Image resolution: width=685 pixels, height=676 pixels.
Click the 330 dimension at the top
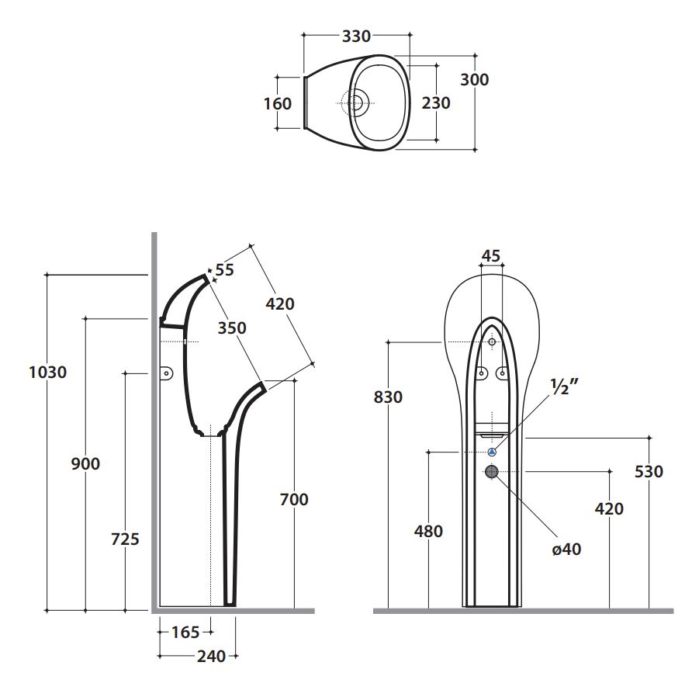[357, 36]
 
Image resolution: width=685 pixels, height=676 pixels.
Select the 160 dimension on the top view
[278, 103]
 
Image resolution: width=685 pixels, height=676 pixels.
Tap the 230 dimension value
[436, 102]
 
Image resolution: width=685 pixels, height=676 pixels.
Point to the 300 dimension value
[474, 79]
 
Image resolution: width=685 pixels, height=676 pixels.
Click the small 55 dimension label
[224, 269]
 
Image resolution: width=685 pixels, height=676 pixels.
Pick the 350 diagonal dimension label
[232, 328]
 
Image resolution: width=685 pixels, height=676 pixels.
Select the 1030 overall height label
[47, 372]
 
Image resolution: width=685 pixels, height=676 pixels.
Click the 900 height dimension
[85, 463]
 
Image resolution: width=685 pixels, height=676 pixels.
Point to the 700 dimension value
[294, 499]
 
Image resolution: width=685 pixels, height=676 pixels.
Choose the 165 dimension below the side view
[185, 632]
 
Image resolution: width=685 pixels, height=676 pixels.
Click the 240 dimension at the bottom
[210, 657]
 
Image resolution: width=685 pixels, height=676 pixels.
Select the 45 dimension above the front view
[490, 256]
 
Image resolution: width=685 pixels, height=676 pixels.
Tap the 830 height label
[388, 397]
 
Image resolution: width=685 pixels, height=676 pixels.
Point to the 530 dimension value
[649, 471]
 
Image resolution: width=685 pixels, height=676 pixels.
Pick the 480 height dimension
[428, 531]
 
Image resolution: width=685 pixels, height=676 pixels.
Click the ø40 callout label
[566, 549]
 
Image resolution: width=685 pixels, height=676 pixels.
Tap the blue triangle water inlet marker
[492, 452]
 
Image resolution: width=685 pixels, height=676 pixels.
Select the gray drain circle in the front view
[492, 471]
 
